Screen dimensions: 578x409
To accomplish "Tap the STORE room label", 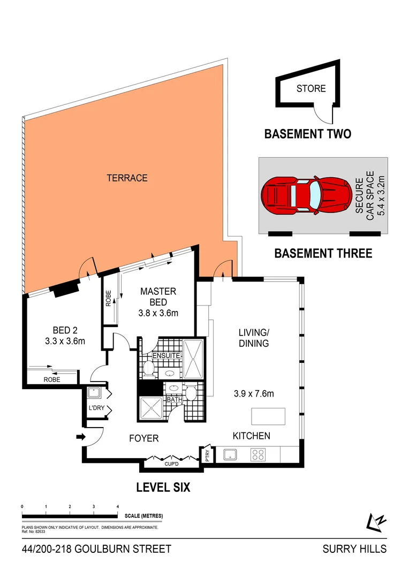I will [311, 89].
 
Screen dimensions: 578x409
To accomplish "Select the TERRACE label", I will [127, 178].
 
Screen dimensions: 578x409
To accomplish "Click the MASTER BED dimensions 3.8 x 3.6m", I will [158, 314].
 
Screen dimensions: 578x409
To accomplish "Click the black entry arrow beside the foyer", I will [81, 437].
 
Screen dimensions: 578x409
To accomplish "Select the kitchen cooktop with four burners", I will [258, 455].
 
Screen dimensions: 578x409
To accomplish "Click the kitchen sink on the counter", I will [231, 455].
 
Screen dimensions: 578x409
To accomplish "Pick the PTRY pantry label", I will [208, 455].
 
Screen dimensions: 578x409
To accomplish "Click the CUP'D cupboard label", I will [171, 464].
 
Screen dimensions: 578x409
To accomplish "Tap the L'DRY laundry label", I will [96, 409].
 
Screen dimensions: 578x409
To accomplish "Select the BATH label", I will [175, 399].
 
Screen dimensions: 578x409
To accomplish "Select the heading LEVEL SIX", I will [163, 488].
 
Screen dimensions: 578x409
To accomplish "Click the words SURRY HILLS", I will [354, 549].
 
